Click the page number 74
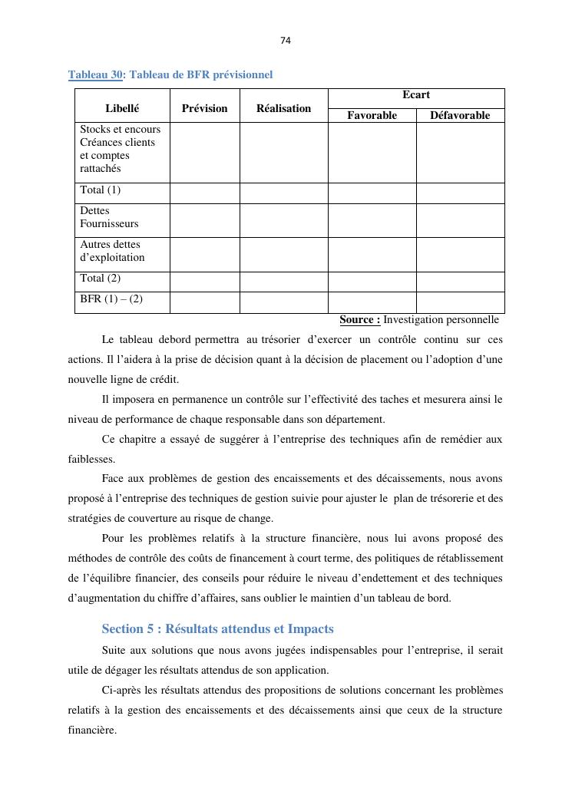(x=286, y=40)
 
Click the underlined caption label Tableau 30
(x=95, y=74)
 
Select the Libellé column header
(x=121, y=108)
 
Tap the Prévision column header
(x=204, y=108)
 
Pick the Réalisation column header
(x=283, y=108)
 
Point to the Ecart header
(x=415, y=95)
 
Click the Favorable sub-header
(x=372, y=115)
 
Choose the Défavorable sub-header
(x=460, y=115)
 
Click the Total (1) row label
(x=101, y=190)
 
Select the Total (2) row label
(x=101, y=279)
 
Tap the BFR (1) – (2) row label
(x=111, y=299)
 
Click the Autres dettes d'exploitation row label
(x=112, y=251)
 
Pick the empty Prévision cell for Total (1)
(x=204, y=192)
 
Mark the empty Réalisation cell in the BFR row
(x=283, y=302)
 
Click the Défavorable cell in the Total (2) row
(x=460, y=281)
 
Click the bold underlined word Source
(x=359, y=319)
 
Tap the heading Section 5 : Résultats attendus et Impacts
(x=217, y=628)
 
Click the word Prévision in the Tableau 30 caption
(x=240, y=74)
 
